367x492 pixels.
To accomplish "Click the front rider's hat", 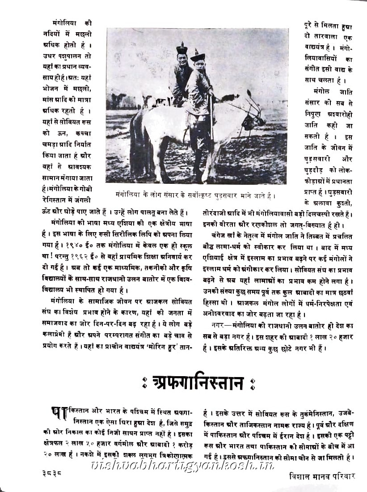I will click(197, 56).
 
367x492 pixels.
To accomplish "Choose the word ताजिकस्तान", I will click(265, 422).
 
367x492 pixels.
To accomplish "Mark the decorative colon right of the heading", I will click(252, 384).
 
